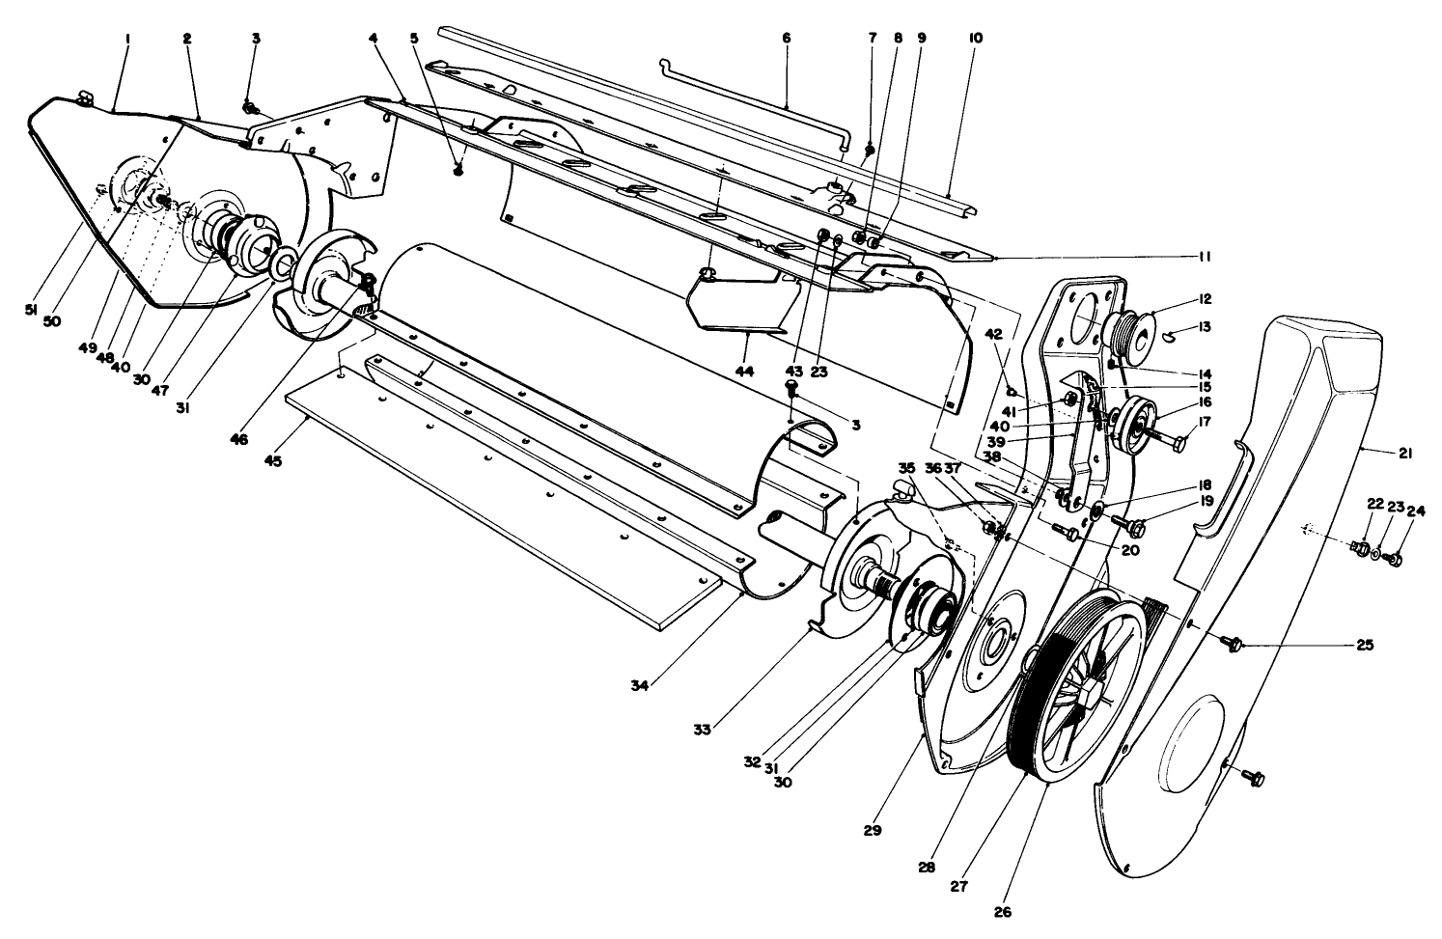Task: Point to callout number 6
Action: (x=785, y=38)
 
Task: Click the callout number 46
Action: (x=238, y=439)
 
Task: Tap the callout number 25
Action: (x=1364, y=645)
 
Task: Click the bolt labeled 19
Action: (x=1133, y=525)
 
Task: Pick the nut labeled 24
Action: (x=1393, y=559)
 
